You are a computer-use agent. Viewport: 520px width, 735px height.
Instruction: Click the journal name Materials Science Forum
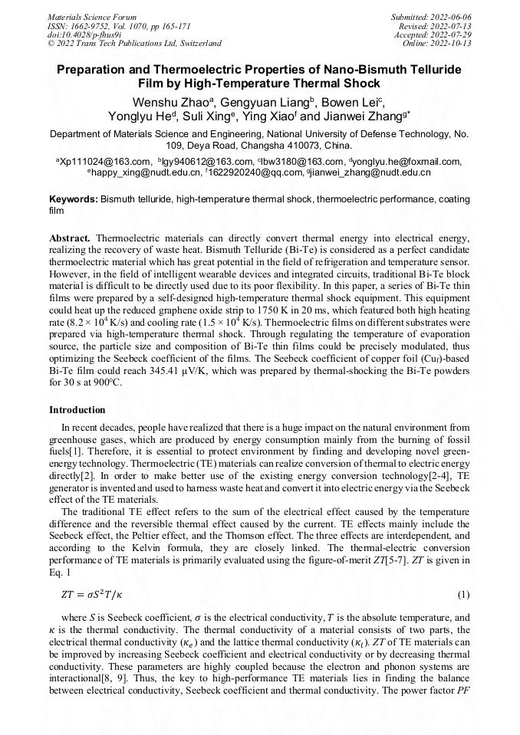click(92, 16)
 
